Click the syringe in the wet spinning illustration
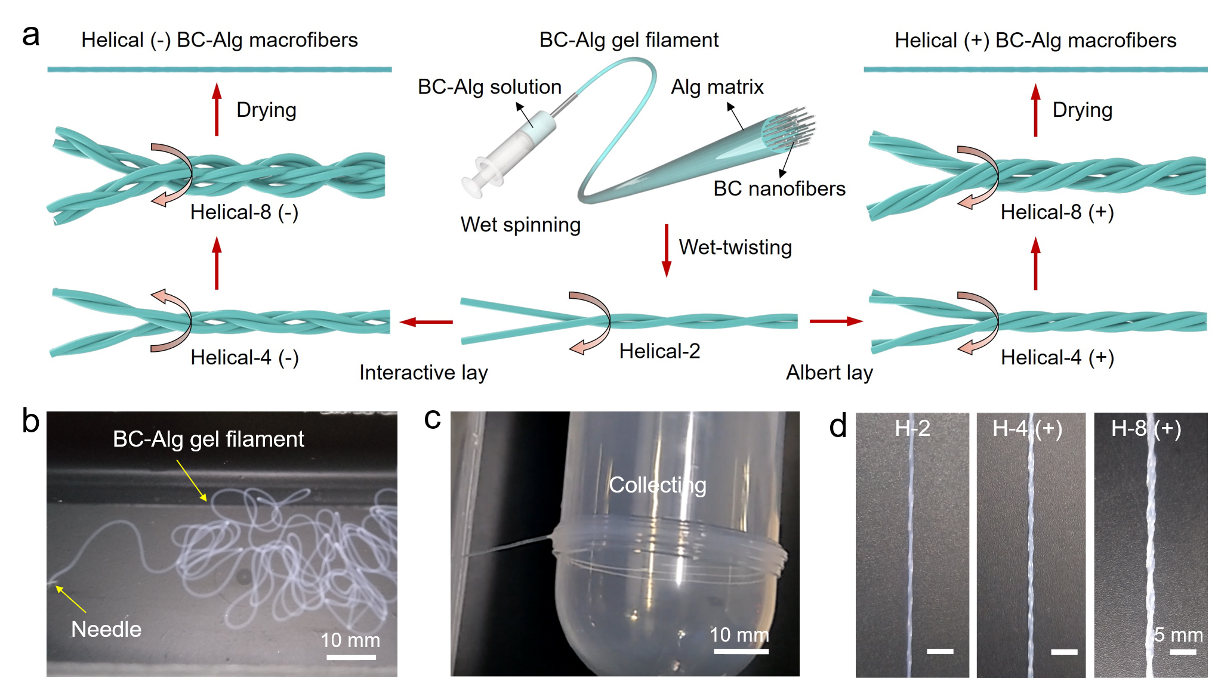[510, 151]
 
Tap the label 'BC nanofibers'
[779, 188]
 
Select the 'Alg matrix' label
[717, 87]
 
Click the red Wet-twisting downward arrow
[667, 250]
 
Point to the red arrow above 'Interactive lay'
[426, 322]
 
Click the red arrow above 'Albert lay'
[835, 321]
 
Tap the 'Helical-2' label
[659, 351]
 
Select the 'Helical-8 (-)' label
[244, 212]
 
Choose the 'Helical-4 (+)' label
[1057, 357]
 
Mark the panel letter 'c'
[432, 419]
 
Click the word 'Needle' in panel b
[106, 629]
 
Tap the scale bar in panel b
[351, 657]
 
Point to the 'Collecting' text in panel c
[657, 485]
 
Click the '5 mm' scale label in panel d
[1178, 634]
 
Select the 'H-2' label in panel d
[912, 428]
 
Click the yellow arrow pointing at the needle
[71, 599]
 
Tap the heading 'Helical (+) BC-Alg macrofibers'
[1035, 40]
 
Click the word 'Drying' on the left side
[266, 110]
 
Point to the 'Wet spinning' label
[520, 225]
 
